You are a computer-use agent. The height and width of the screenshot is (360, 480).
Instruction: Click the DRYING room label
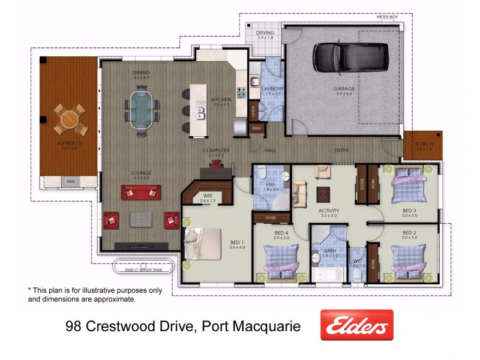265,33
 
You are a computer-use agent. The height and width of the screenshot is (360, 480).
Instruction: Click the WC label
357,261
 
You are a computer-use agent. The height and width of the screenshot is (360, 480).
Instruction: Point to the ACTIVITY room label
329,211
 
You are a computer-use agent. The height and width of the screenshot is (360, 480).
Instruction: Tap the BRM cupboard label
256,128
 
